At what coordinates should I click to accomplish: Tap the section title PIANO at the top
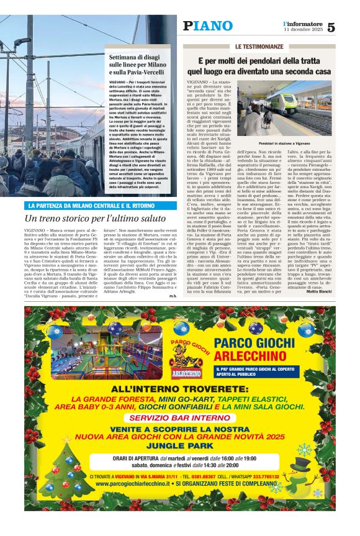(207, 25)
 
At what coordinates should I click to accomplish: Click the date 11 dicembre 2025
(303, 30)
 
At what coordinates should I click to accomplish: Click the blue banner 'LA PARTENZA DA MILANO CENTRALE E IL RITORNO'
(91, 205)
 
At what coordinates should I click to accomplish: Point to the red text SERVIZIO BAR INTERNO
(180, 417)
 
